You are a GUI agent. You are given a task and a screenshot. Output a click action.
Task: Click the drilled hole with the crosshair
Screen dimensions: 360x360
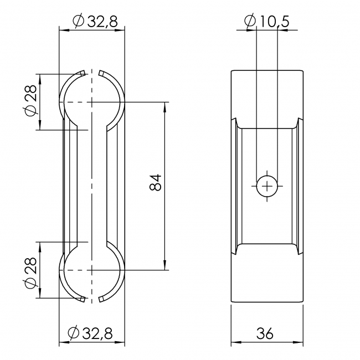click(x=267, y=186)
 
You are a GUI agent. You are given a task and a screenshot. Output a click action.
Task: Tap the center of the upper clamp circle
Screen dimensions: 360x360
click(x=92, y=102)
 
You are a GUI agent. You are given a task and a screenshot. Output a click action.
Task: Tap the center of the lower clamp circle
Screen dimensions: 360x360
click(x=92, y=270)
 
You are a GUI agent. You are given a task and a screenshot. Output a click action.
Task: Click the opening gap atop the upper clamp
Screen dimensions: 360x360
click(x=92, y=73)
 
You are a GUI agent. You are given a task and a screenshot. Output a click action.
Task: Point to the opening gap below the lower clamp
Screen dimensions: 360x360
click(x=92, y=300)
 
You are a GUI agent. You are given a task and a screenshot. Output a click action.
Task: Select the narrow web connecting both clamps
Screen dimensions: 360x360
click(x=92, y=186)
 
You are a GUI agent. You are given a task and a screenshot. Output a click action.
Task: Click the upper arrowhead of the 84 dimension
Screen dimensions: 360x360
click(x=164, y=107)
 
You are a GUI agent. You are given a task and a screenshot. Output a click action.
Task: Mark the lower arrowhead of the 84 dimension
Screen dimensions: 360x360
click(x=164, y=265)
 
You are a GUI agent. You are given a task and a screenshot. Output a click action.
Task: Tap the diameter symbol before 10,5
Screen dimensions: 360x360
click(x=250, y=22)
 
